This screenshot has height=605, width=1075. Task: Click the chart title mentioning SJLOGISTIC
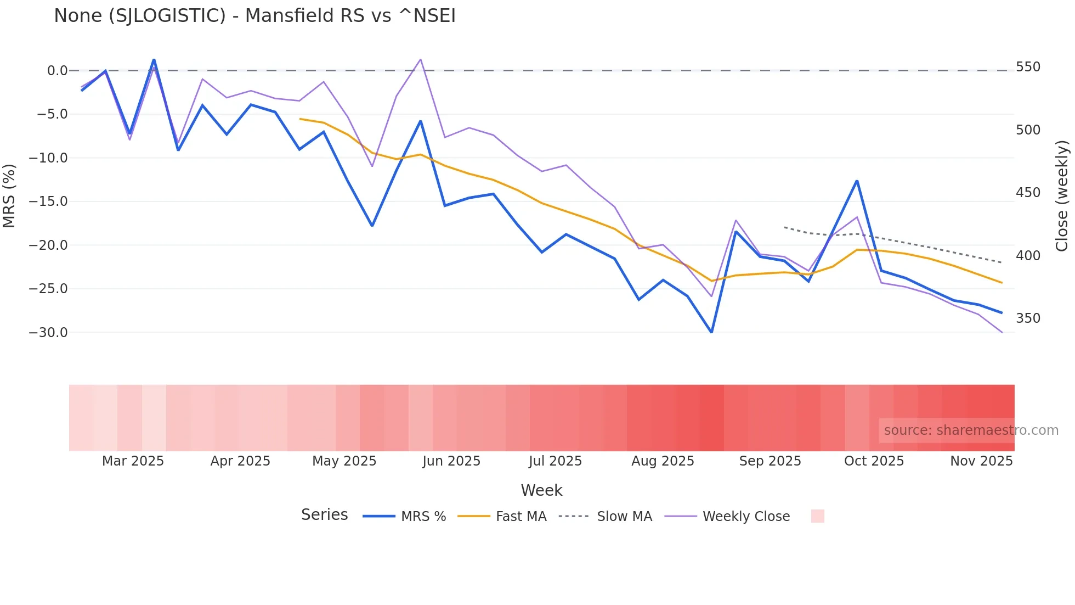point(254,16)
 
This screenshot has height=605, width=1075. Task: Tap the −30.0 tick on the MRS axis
point(48,333)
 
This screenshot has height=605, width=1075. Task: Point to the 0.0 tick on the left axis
point(57,71)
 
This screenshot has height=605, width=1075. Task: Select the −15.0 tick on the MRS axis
point(48,201)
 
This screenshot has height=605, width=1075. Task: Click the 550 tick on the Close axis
point(1028,67)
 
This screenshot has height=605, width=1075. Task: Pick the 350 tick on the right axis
point(1028,318)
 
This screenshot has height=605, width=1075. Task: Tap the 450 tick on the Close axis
point(1028,193)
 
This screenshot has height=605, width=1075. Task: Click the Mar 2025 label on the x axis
point(133,461)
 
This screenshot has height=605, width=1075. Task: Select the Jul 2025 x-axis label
point(555,461)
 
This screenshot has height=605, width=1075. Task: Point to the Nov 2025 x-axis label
point(981,461)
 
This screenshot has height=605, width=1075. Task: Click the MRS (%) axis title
point(9,196)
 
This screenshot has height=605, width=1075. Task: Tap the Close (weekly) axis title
point(1062,196)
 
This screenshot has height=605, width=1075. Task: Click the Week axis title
point(541,490)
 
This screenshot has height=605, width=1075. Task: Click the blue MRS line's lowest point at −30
point(711,332)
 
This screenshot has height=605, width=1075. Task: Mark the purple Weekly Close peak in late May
point(421,59)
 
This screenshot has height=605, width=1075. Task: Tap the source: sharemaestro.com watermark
point(971,430)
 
